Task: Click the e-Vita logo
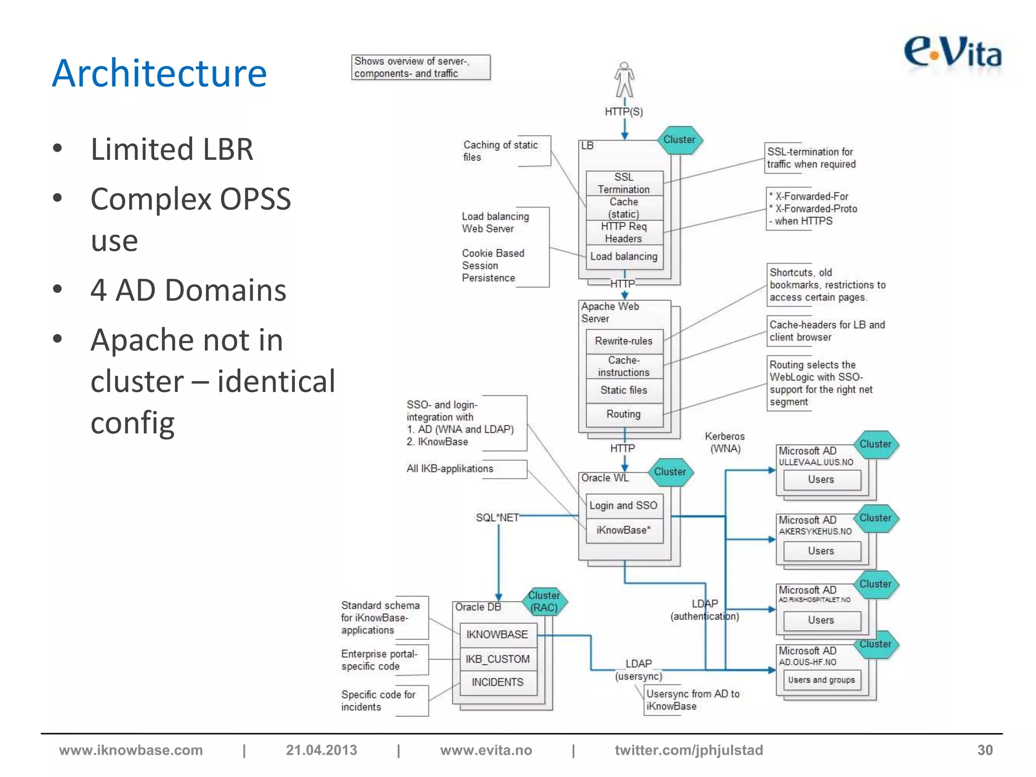click(953, 53)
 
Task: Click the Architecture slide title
click(159, 73)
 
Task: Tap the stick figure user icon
click(624, 80)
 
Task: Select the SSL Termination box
click(624, 183)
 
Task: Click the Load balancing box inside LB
click(624, 256)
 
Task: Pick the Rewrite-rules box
click(624, 341)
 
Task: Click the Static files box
click(624, 390)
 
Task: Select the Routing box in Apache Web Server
click(624, 414)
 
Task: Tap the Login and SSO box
click(624, 505)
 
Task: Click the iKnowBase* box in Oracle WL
click(624, 530)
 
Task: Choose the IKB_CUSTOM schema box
click(498, 659)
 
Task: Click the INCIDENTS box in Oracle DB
click(498, 682)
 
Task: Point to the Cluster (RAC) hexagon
click(544, 601)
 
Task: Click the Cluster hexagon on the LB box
click(679, 140)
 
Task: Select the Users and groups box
click(821, 680)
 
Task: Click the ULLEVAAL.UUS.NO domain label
click(816, 462)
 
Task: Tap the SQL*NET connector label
click(497, 517)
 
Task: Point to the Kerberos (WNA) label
click(725, 442)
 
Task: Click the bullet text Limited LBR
click(171, 149)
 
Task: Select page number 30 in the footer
click(984, 750)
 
